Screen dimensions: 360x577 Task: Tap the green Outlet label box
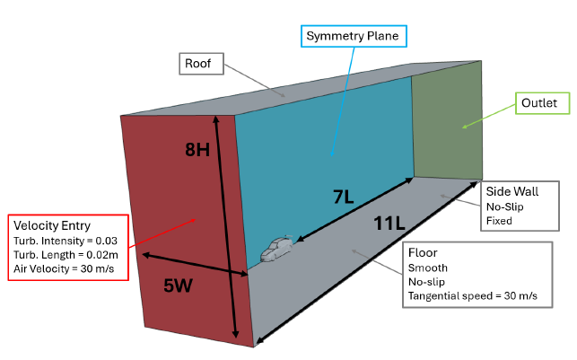coord(542,104)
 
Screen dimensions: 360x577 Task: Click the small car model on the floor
coord(277,250)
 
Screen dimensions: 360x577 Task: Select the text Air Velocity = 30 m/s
coord(63,268)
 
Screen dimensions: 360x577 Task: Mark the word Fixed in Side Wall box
coord(499,220)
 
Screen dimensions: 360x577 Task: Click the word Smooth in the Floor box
coord(426,268)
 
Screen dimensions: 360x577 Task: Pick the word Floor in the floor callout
coord(422,252)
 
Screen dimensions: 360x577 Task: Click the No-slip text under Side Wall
coord(504,206)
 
